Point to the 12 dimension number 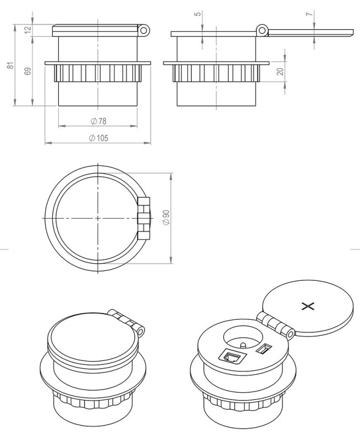[x=29, y=30]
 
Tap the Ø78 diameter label [x=98, y=120]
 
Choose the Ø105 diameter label [x=98, y=137]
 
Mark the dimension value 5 [x=198, y=13]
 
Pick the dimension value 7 [x=309, y=13]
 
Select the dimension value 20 [x=281, y=71]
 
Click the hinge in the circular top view [x=144, y=218]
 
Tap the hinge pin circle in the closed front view [x=144, y=29]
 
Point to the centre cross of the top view [x=98, y=218]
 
